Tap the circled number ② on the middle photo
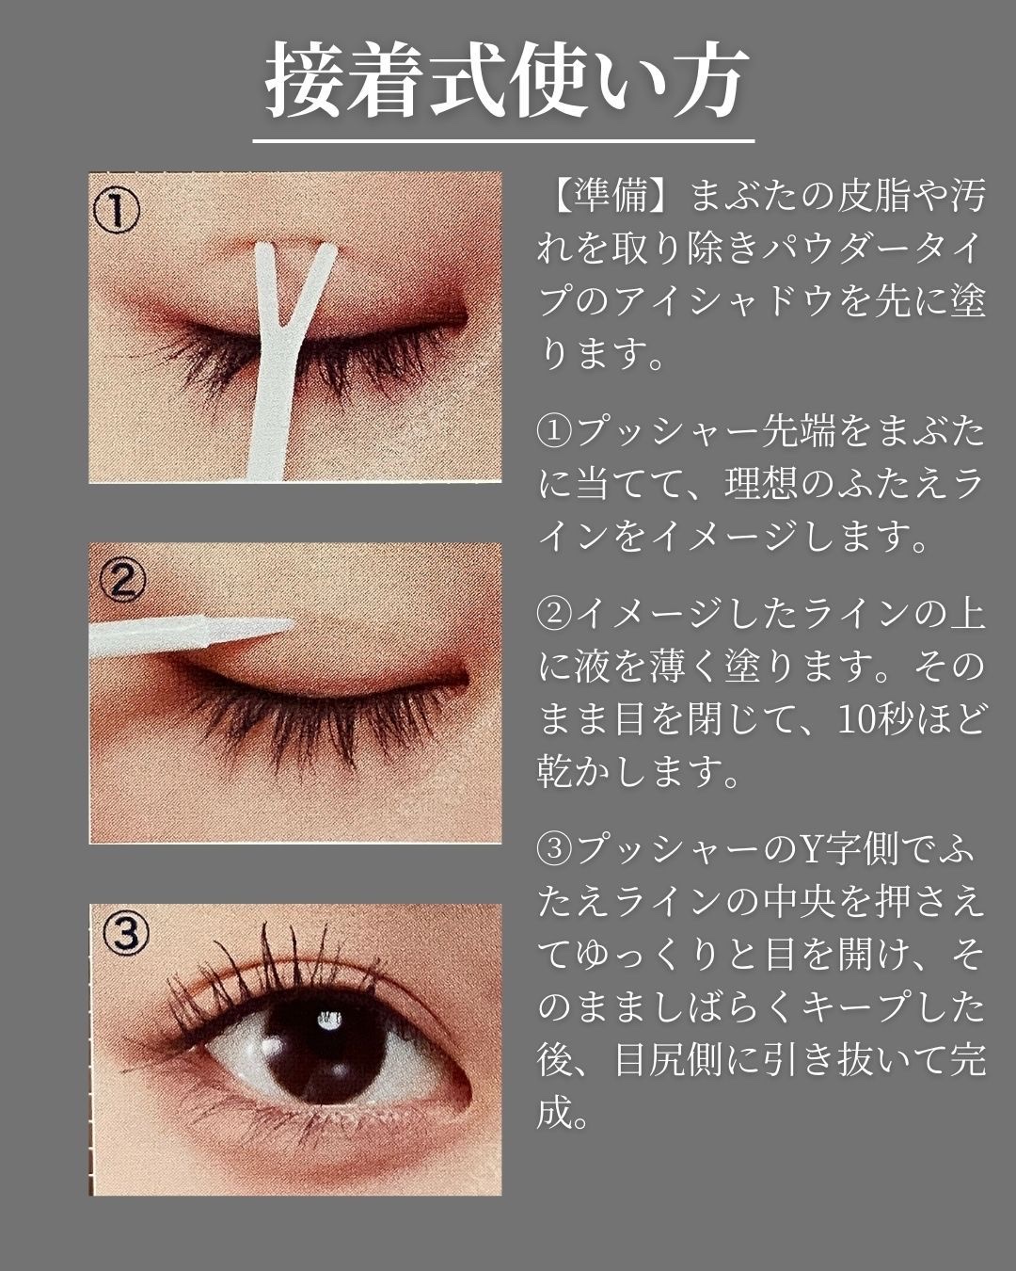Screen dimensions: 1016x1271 coord(121,580)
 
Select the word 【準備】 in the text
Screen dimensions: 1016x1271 coord(608,196)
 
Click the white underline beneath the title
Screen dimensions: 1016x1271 coord(504,141)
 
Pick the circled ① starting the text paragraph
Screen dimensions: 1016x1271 coord(554,433)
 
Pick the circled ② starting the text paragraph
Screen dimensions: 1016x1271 coord(554,615)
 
